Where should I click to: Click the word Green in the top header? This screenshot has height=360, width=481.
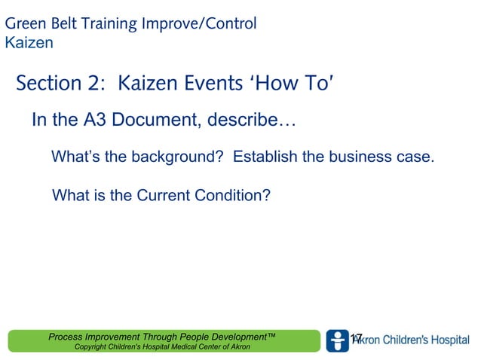[x=25, y=24]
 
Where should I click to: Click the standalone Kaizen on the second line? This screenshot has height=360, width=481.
[x=29, y=43]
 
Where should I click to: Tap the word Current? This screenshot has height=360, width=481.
[x=166, y=196]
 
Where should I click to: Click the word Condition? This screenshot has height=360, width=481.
[x=233, y=196]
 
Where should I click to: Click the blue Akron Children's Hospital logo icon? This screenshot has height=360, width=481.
[x=337, y=340]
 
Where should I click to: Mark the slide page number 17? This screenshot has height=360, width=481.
[x=357, y=338]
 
